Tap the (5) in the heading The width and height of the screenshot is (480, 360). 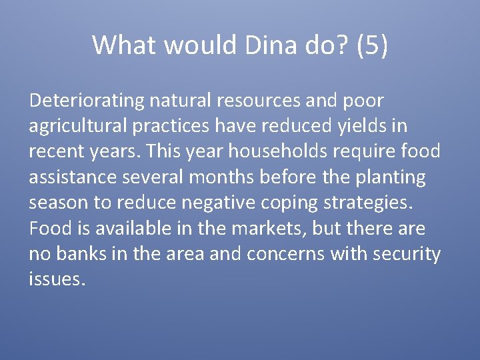372,45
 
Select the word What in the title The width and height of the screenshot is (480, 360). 125,45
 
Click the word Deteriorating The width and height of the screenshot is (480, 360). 87,101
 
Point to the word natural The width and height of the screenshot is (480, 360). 178,101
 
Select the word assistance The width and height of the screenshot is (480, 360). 69,177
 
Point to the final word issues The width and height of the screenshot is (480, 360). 57,279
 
